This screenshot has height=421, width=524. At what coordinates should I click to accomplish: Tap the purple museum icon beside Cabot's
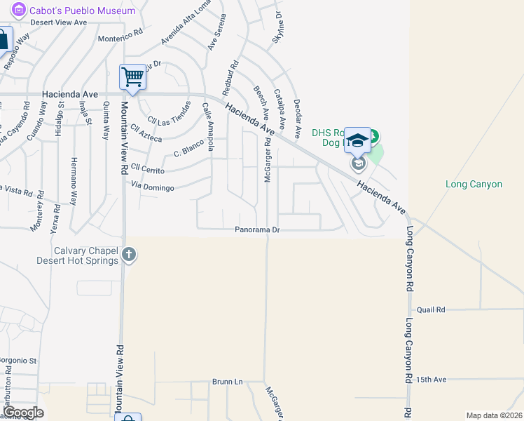tap(19, 11)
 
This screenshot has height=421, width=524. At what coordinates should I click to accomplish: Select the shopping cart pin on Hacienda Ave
tap(132, 76)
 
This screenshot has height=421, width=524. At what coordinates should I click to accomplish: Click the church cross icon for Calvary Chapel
tap(128, 255)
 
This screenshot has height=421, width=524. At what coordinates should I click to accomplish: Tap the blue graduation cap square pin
tap(357, 140)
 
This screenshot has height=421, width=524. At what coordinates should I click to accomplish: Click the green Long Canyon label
tap(474, 185)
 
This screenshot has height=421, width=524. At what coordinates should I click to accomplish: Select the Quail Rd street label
tap(431, 309)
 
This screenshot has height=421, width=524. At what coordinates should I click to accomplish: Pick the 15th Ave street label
tap(431, 380)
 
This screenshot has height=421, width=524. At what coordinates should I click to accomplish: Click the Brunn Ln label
tap(227, 382)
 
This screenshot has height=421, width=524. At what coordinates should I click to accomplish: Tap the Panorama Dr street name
tap(257, 229)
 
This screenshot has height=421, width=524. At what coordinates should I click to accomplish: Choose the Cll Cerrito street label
tap(148, 169)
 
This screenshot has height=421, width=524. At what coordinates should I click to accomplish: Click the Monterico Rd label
tap(120, 39)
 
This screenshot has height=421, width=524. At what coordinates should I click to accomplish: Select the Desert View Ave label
tap(59, 22)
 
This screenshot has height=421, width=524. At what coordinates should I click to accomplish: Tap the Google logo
tap(24, 413)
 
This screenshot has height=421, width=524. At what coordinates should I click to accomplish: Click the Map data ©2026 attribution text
tap(494, 415)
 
